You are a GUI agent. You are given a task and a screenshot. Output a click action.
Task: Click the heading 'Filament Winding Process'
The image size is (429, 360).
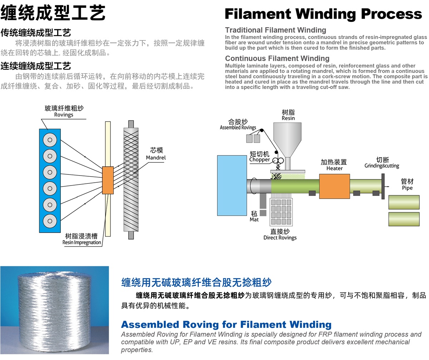[x=323, y=14]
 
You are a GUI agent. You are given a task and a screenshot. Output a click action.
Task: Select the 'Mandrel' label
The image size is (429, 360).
[x=156, y=157]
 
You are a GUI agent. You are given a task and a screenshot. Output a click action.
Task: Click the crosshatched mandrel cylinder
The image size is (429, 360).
[x=130, y=179]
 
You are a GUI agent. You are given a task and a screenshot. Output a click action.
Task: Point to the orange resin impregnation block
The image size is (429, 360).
[x=108, y=180]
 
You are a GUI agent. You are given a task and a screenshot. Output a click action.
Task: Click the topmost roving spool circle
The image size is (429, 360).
[x=50, y=139]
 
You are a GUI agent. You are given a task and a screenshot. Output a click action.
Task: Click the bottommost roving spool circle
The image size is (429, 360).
[x=50, y=220]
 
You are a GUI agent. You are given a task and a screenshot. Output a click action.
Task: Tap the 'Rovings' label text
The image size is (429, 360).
[x=64, y=115]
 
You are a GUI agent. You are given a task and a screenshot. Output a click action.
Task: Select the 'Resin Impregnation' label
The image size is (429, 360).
[x=82, y=242]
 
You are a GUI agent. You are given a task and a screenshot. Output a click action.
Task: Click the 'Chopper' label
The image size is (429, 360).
[x=260, y=160]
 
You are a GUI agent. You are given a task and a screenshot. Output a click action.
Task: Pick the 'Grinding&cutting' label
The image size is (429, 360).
[x=382, y=166]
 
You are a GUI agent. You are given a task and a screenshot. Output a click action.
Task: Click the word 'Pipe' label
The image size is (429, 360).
[x=407, y=188]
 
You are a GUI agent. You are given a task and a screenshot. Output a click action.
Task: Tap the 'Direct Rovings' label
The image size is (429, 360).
[x=280, y=237]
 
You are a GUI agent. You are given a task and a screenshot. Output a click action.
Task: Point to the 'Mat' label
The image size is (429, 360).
[x=254, y=220]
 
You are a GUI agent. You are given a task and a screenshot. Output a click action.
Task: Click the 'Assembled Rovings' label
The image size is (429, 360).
[x=238, y=128]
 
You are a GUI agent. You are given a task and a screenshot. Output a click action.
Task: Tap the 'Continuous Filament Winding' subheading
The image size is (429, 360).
[x=277, y=58]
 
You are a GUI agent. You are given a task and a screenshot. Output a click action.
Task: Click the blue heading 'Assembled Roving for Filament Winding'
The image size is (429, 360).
[x=226, y=325]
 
